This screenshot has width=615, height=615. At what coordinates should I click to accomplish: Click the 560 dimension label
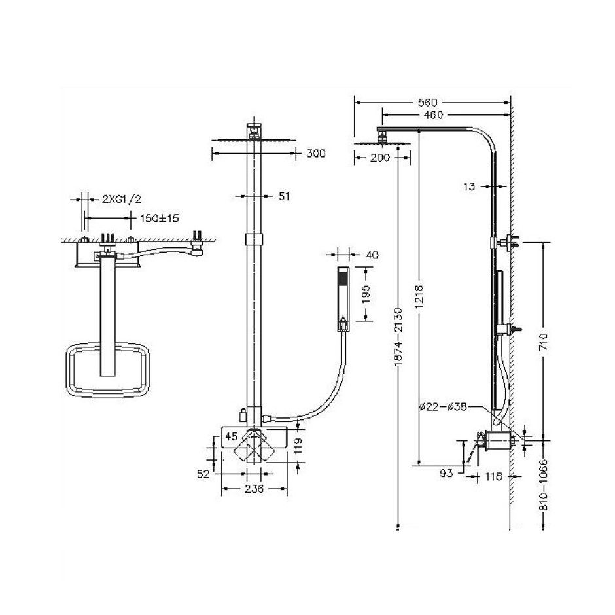pyautogui.click(x=427, y=103)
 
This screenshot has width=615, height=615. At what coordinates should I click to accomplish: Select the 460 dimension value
pyautogui.click(x=433, y=115)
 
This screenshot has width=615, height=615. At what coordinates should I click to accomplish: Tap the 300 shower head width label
pyautogui.click(x=316, y=154)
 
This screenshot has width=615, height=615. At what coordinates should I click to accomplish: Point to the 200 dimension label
pyautogui.click(x=380, y=158)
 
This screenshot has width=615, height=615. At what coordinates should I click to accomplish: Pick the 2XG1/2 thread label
pyautogui.click(x=122, y=199)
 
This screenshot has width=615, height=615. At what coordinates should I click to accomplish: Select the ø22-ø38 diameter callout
pyautogui.click(x=442, y=406)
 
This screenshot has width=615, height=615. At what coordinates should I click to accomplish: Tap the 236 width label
pyautogui.click(x=253, y=489)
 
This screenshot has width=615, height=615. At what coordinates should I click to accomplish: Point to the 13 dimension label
pyautogui.click(x=468, y=186)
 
